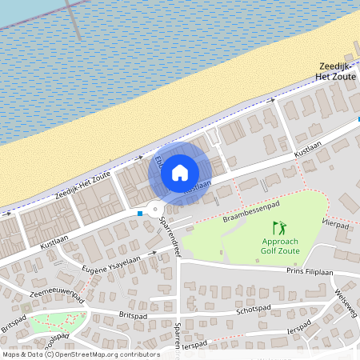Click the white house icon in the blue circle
point(180,172)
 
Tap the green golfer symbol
point(278,228)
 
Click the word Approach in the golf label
point(279,242)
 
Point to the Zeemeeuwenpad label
point(56,291)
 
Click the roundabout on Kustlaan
point(154,211)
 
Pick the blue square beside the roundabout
point(140,214)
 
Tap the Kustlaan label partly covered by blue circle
point(199,186)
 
